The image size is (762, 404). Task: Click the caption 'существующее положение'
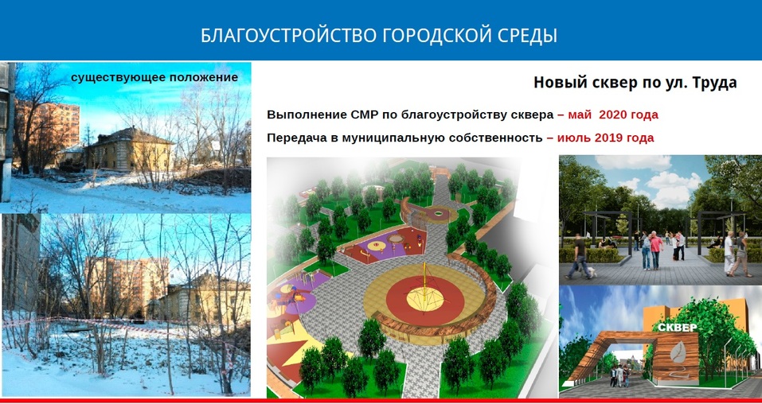click(x=154, y=77)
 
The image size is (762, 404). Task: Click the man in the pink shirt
click(x=655, y=247)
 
